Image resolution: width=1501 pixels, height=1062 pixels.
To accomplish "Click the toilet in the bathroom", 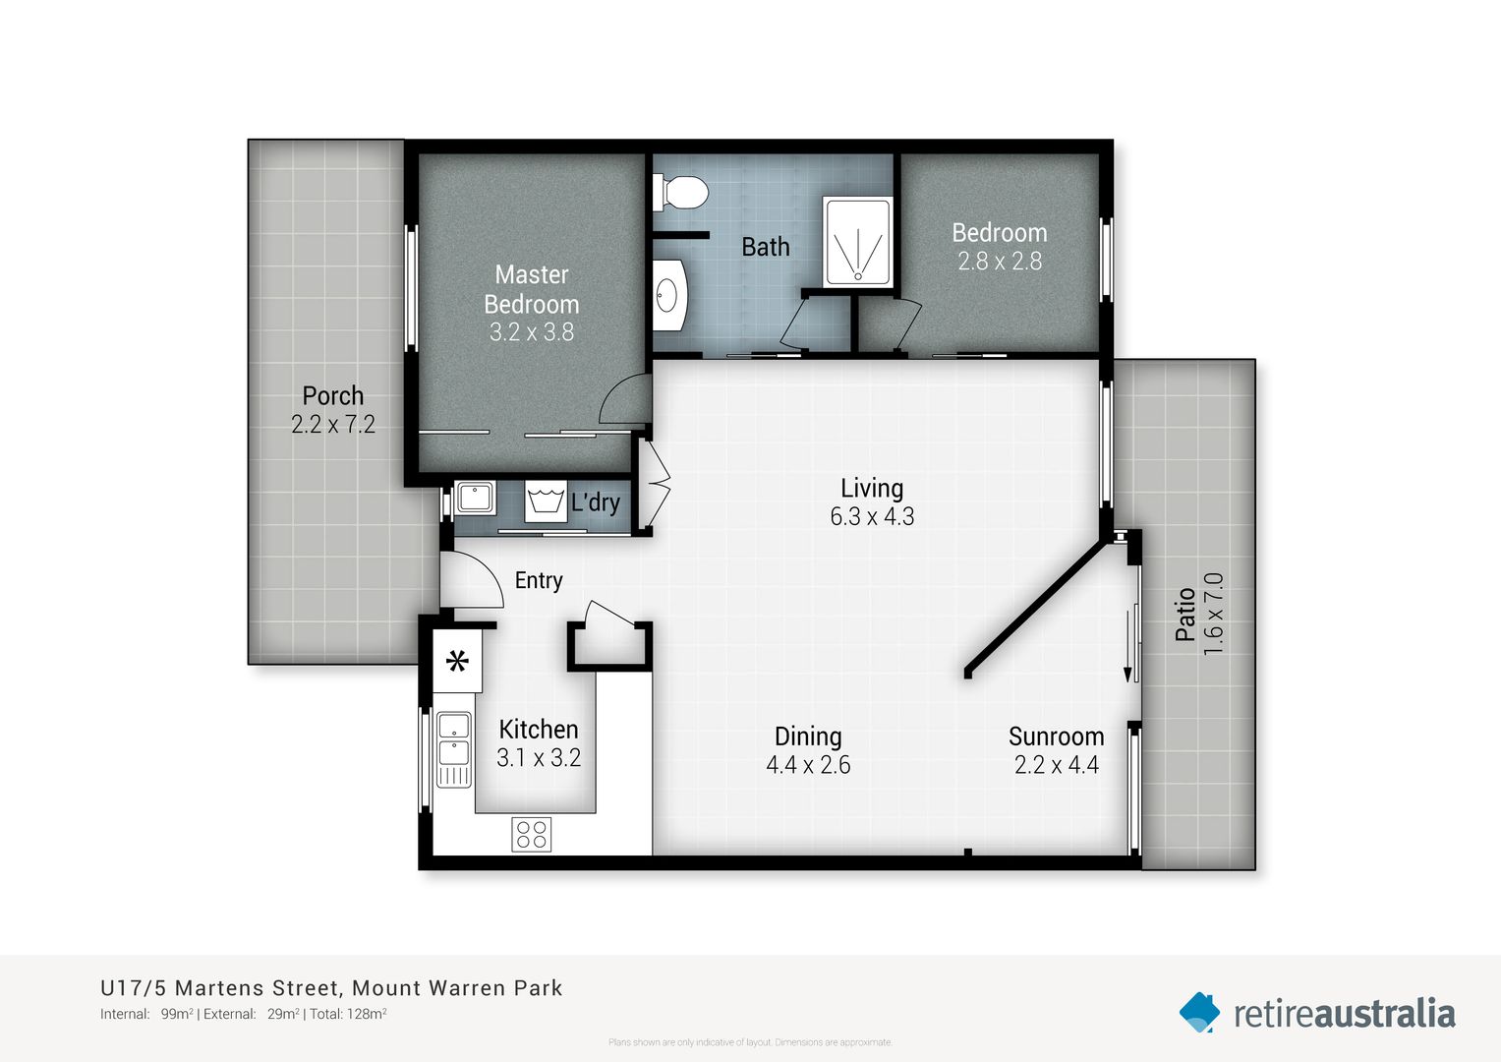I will pos(682,193).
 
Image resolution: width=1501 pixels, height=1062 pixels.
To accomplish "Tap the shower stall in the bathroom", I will pos(858,243).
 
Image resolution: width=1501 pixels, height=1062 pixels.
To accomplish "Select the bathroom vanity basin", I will pos(668,294).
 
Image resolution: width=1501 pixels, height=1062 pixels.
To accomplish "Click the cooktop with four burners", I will pos(531,834).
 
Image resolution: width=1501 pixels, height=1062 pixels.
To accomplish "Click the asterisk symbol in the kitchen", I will pos(457,662).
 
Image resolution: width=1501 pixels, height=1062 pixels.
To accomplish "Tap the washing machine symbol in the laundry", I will pos(545,501).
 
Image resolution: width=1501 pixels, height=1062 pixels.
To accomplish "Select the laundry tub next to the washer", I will pos(475,498).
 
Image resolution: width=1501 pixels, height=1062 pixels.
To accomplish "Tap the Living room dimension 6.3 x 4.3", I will pos(872,516).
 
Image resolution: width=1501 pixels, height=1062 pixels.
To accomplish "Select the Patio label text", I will pos(1185,614).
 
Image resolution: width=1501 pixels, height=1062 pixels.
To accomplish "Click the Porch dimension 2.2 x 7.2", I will pos(333,425).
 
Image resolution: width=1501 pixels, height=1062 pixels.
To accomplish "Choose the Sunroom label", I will pos(1056,737).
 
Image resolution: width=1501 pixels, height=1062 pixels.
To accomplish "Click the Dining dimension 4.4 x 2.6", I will pos(808,765).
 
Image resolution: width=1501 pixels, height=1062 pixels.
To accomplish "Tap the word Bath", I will pos(765,247).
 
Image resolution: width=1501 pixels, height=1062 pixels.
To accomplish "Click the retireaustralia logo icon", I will pos(1199,1012).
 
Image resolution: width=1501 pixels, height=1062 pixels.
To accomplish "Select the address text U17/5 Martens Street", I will pos(221,988).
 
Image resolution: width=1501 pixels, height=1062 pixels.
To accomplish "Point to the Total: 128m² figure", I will pos(348,1014).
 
